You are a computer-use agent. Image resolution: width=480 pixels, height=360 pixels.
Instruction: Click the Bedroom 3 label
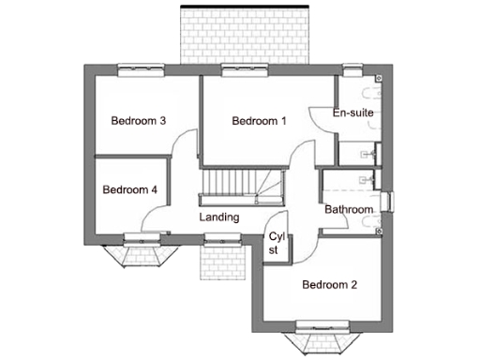pos(139,120)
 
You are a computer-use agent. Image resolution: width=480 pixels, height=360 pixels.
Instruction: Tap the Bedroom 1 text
pos(259,120)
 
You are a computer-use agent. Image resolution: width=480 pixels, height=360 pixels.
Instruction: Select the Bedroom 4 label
pos(129,189)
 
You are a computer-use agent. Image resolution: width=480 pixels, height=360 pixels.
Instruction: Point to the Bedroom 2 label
pos(328,285)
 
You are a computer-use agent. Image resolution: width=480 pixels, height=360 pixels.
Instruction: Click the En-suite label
pos(353,113)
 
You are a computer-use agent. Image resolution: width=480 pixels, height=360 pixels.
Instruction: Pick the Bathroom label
pos(349,209)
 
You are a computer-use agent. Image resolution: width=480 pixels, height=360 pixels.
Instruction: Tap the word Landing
pos(219,217)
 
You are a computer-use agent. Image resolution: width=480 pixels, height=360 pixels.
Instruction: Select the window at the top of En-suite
pos(352,67)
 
